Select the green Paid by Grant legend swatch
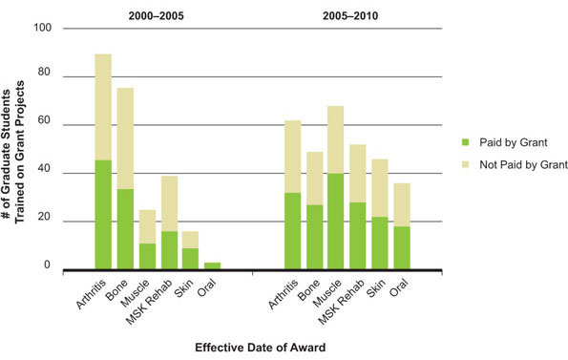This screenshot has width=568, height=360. coord(467,142)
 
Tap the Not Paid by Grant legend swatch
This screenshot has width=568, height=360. coord(467,163)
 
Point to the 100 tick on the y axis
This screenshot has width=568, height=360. coord(42,28)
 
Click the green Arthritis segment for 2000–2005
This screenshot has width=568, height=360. coord(103,215)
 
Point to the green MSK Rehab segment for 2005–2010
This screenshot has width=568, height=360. coord(358,236)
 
